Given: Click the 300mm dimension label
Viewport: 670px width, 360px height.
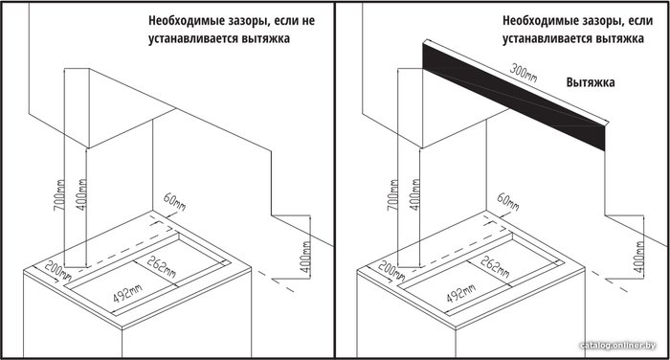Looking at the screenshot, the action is (524, 73).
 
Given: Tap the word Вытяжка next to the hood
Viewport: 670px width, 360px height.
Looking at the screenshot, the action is (591, 82).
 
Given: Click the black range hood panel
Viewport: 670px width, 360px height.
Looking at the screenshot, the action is (514, 96).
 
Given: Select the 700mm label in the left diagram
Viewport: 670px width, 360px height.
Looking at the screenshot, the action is (60, 194).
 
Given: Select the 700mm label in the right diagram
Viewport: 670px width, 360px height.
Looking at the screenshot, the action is (393, 194).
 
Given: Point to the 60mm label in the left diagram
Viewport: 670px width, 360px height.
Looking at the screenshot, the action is (174, 201).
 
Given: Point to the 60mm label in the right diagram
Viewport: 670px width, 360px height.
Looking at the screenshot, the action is (507, 201).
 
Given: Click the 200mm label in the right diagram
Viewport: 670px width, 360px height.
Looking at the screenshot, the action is (391, 272).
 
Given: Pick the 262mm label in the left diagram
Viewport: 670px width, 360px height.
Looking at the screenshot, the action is (161, 266).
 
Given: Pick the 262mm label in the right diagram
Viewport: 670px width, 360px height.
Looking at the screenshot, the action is (495, 266).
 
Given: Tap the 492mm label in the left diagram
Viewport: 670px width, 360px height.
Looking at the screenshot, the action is (127, 293).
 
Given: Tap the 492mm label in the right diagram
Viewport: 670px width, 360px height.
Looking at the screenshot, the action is (460, 293).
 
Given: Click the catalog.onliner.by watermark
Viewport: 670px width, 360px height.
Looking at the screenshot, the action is (618, 345).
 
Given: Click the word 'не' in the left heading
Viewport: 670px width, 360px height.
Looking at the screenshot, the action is (308, 20).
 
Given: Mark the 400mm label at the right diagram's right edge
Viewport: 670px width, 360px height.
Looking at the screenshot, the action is (638, 257).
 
